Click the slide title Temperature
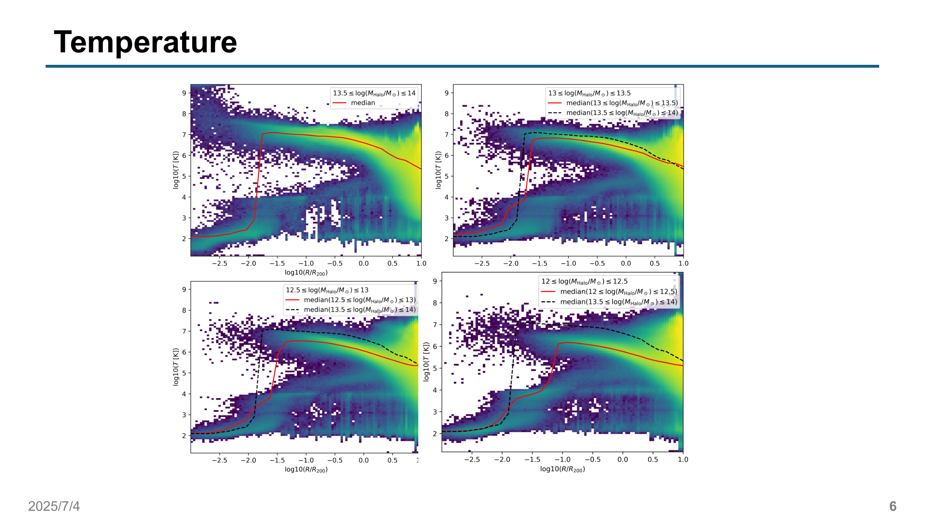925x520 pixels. click(145, 42)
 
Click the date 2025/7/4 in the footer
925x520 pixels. click(54, 506)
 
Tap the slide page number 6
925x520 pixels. click(893, 506)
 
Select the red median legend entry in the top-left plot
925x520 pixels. click(363, 103)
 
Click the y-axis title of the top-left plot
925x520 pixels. click(175, 170)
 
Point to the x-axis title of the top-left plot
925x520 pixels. click(306, 273)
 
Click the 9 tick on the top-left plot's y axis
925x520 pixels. click(184, 93)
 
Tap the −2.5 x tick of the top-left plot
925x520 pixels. click(219, 263)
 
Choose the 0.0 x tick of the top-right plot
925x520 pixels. click(626, 263)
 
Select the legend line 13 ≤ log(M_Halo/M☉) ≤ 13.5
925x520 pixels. click(589, 93)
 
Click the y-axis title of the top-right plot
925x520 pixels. click(438, 170)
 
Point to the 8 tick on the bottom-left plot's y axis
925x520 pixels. click(184, 310)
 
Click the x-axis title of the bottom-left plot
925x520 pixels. click(306, 469)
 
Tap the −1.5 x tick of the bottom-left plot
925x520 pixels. click(277, 460)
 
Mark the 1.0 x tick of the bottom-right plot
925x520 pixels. click(683, 460)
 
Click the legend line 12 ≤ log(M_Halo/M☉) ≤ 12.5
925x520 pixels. click(584, 282)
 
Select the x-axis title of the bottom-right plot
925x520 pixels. click(562, 469)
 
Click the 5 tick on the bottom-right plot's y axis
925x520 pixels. click(435, 368)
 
